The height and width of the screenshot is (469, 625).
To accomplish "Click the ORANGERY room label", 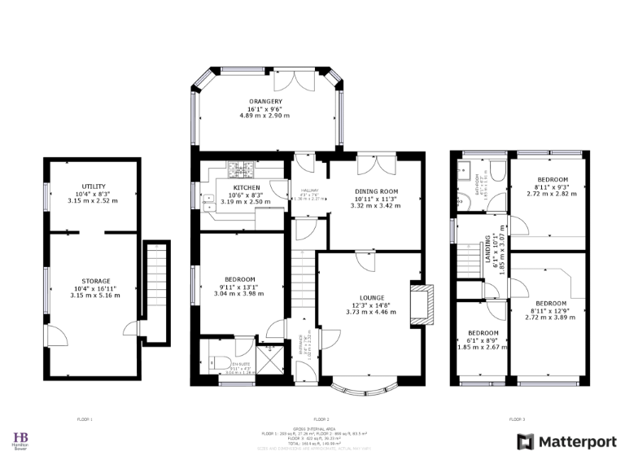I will [265, 101].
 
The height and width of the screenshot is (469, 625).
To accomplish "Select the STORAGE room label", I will [94, 281].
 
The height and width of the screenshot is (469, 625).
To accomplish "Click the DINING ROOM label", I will [375, 191].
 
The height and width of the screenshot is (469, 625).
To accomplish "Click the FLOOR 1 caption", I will [85, 419].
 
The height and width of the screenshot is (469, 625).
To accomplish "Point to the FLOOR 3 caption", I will [518, 419].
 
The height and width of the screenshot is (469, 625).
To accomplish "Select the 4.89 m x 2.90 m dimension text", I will [265, 116].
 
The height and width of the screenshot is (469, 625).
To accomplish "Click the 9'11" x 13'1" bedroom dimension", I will [242, 287].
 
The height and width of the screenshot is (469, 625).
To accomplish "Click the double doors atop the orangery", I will [289, 81].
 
